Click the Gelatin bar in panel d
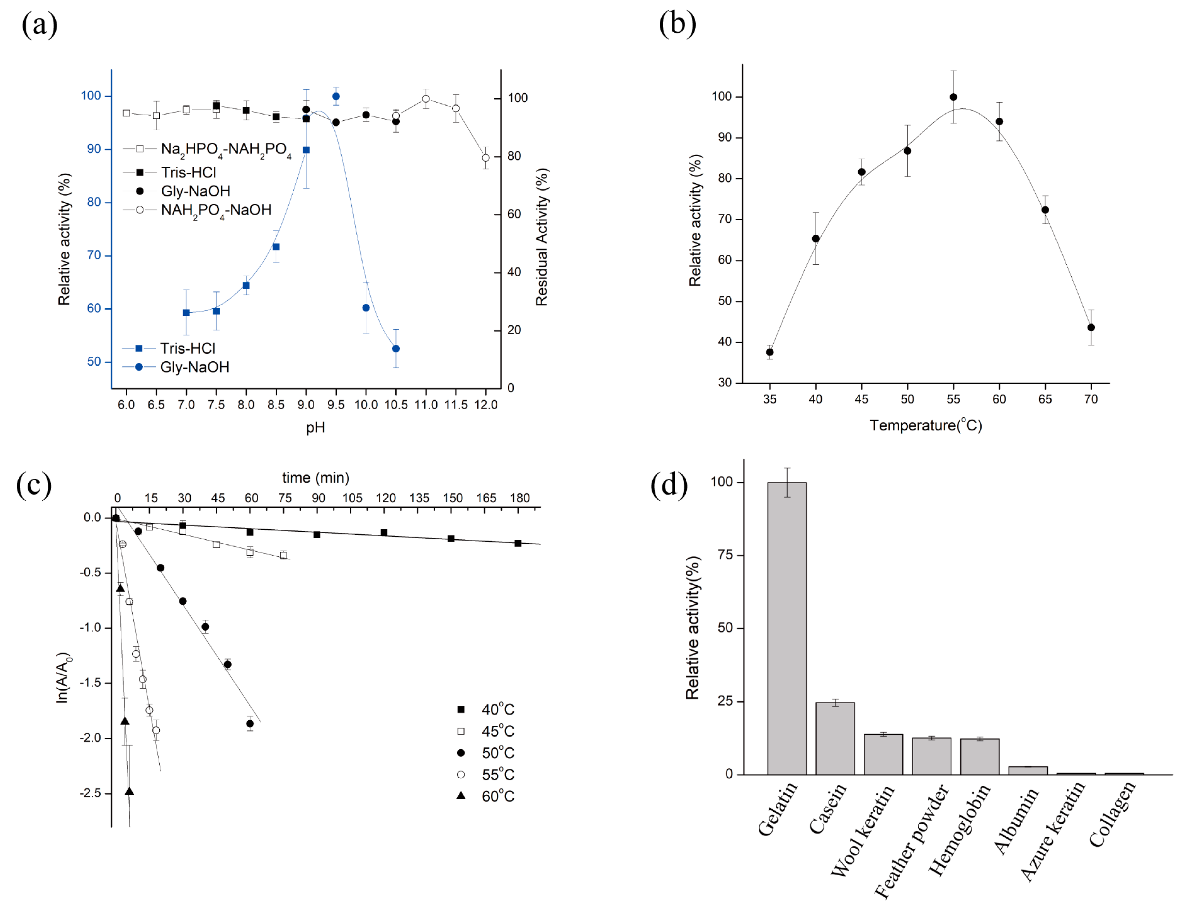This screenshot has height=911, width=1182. tap(786, 628)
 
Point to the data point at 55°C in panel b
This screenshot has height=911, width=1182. tap(953, 97)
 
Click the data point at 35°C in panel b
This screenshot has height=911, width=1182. tap(770, 352)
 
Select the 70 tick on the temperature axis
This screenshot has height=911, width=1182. tap(1091, 399)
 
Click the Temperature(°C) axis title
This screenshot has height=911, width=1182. tap(925, 425)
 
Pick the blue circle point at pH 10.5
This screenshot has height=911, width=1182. tap(396, 348)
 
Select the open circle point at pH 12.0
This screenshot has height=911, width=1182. tap(485, 158)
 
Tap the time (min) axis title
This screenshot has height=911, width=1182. tap(316, 478)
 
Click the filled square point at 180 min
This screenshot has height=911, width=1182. tap(518, 543)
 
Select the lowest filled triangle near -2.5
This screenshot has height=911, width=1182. tap(129, 791)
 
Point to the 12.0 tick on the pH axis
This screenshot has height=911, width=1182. tap(485, 405)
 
